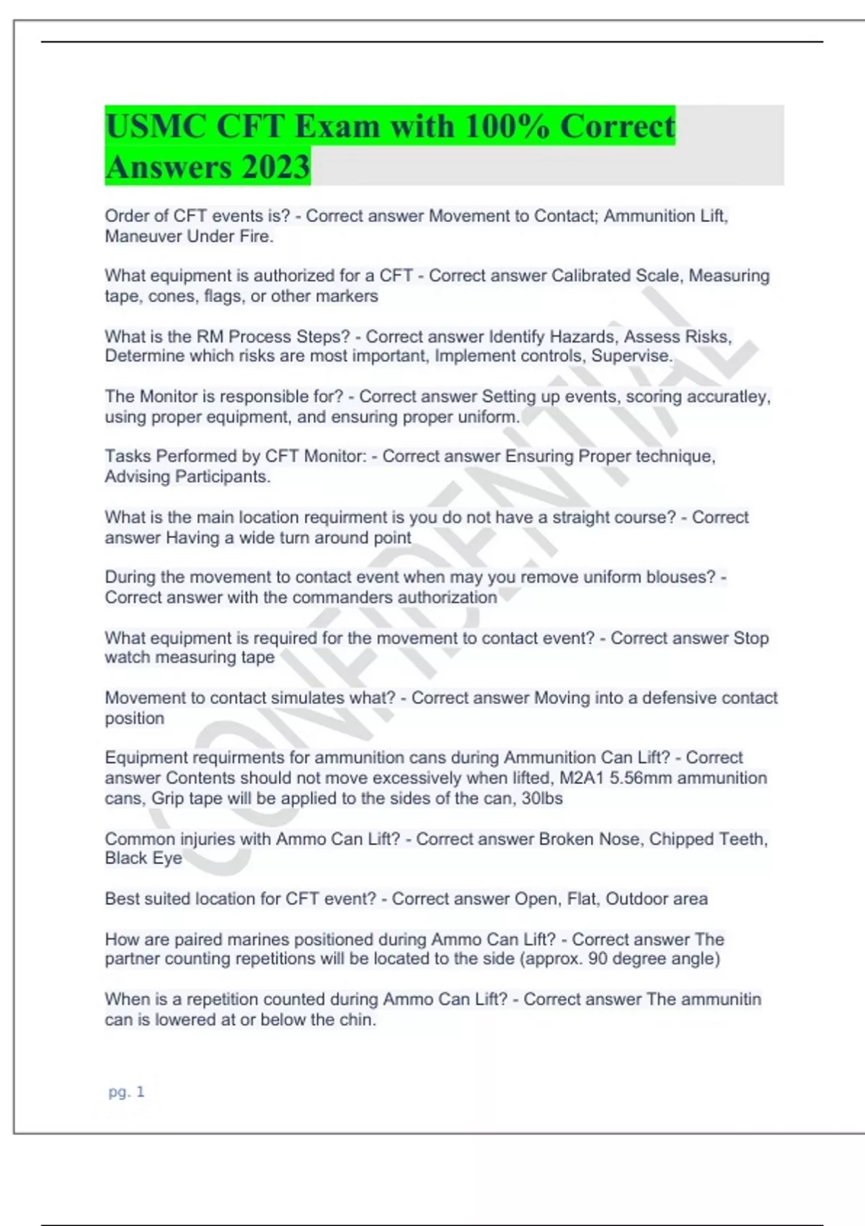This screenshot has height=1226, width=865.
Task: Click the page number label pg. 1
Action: [126, 1092]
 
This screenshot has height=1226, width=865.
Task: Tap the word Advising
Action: [138, 477]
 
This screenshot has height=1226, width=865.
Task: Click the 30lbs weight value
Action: [541, 798]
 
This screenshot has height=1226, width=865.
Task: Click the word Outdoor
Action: [636, 899]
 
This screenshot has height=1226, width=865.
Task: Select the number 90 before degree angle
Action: [598, 959]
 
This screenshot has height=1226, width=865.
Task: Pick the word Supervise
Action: [631, 356]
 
